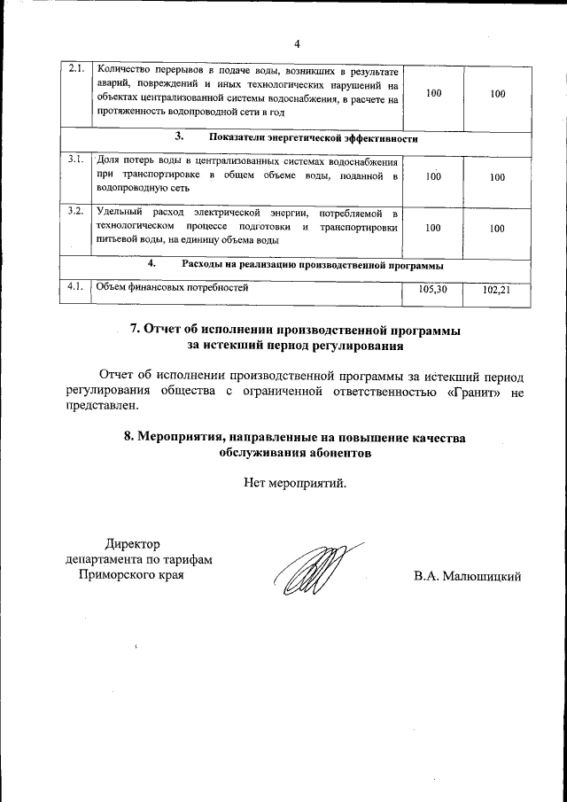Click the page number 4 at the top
click(297, 44)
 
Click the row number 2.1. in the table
click(77, 68)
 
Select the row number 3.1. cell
click(77, 160)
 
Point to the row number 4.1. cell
click(77, 286)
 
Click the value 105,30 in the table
click(432, 289)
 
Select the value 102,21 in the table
click(497, 289)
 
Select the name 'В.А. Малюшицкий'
click(467, 576)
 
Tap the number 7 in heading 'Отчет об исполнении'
click(136, 329)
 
